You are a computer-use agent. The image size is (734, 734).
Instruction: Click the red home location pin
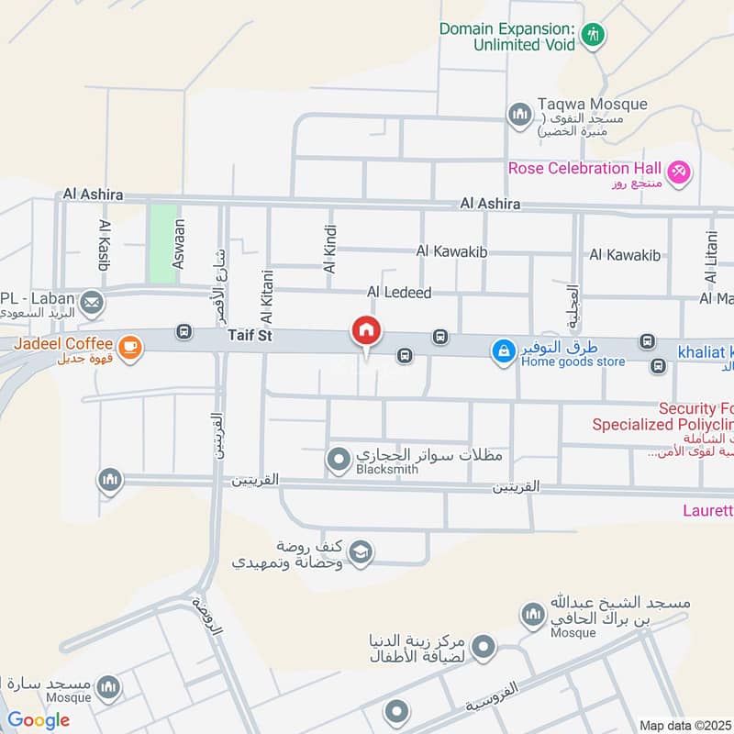click(x=366, y=330)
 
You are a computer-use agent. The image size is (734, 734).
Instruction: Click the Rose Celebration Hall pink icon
click(x=679, y=171)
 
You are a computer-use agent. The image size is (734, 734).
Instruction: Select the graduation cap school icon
click(x=361, y=551)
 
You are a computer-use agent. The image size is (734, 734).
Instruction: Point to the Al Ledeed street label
click(x=399, y=292)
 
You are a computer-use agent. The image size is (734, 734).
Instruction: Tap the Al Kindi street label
click(x=330, y=249)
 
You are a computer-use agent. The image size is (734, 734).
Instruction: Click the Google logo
click(x=39, y=720)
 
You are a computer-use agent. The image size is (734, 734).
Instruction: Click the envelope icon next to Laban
click(x=91, y=301)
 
